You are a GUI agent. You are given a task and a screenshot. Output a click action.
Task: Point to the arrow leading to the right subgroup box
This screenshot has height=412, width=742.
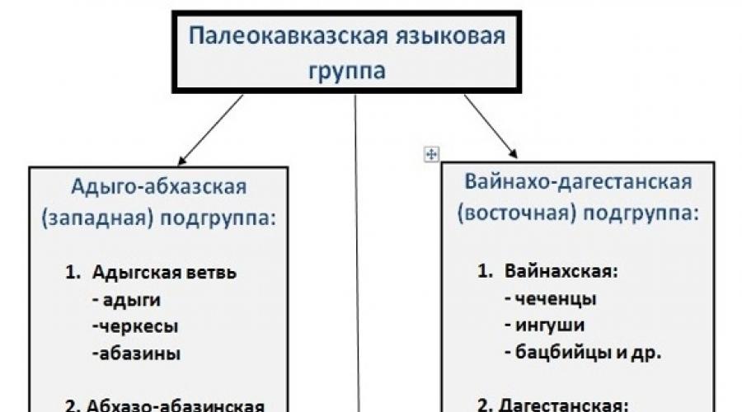pos(491,125)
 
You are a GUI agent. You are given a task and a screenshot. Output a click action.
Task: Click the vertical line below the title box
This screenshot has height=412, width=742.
pos(356,247)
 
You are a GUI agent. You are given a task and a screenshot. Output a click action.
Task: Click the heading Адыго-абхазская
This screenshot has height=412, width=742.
pos(158,185)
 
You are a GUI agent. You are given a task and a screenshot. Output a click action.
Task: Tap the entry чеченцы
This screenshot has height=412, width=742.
pos(548,298)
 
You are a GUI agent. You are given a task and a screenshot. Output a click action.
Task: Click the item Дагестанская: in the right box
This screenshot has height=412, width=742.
pos(564,405)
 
